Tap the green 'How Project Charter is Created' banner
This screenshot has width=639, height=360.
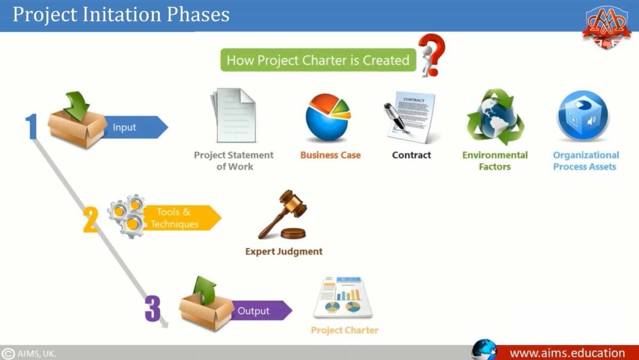pyautogui.click(x=317, y=60)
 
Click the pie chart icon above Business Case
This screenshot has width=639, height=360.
pyautogui.click(x=327, y=117)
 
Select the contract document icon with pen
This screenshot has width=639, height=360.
pyautogui.click(x=409, y=116)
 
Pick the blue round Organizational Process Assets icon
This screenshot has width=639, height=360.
pyautogui.click(x=583, y=116)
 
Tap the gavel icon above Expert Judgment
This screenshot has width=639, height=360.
pyautogui.click(x=282, y=216)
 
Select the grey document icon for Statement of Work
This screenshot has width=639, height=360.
pyautogui.click(x=233, y=116)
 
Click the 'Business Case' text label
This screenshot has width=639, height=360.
pyautogui.click(x=330, y=156)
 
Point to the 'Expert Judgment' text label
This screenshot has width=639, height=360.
pyautogui.click(x=284, y=251)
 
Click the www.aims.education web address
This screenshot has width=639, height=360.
pyautogui.click(x=567, y=353)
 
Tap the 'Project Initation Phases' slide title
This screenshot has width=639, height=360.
pyautogui.click(x=121, y=14)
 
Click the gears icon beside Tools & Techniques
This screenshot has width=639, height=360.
pyautogui.click(x=127, y=216)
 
